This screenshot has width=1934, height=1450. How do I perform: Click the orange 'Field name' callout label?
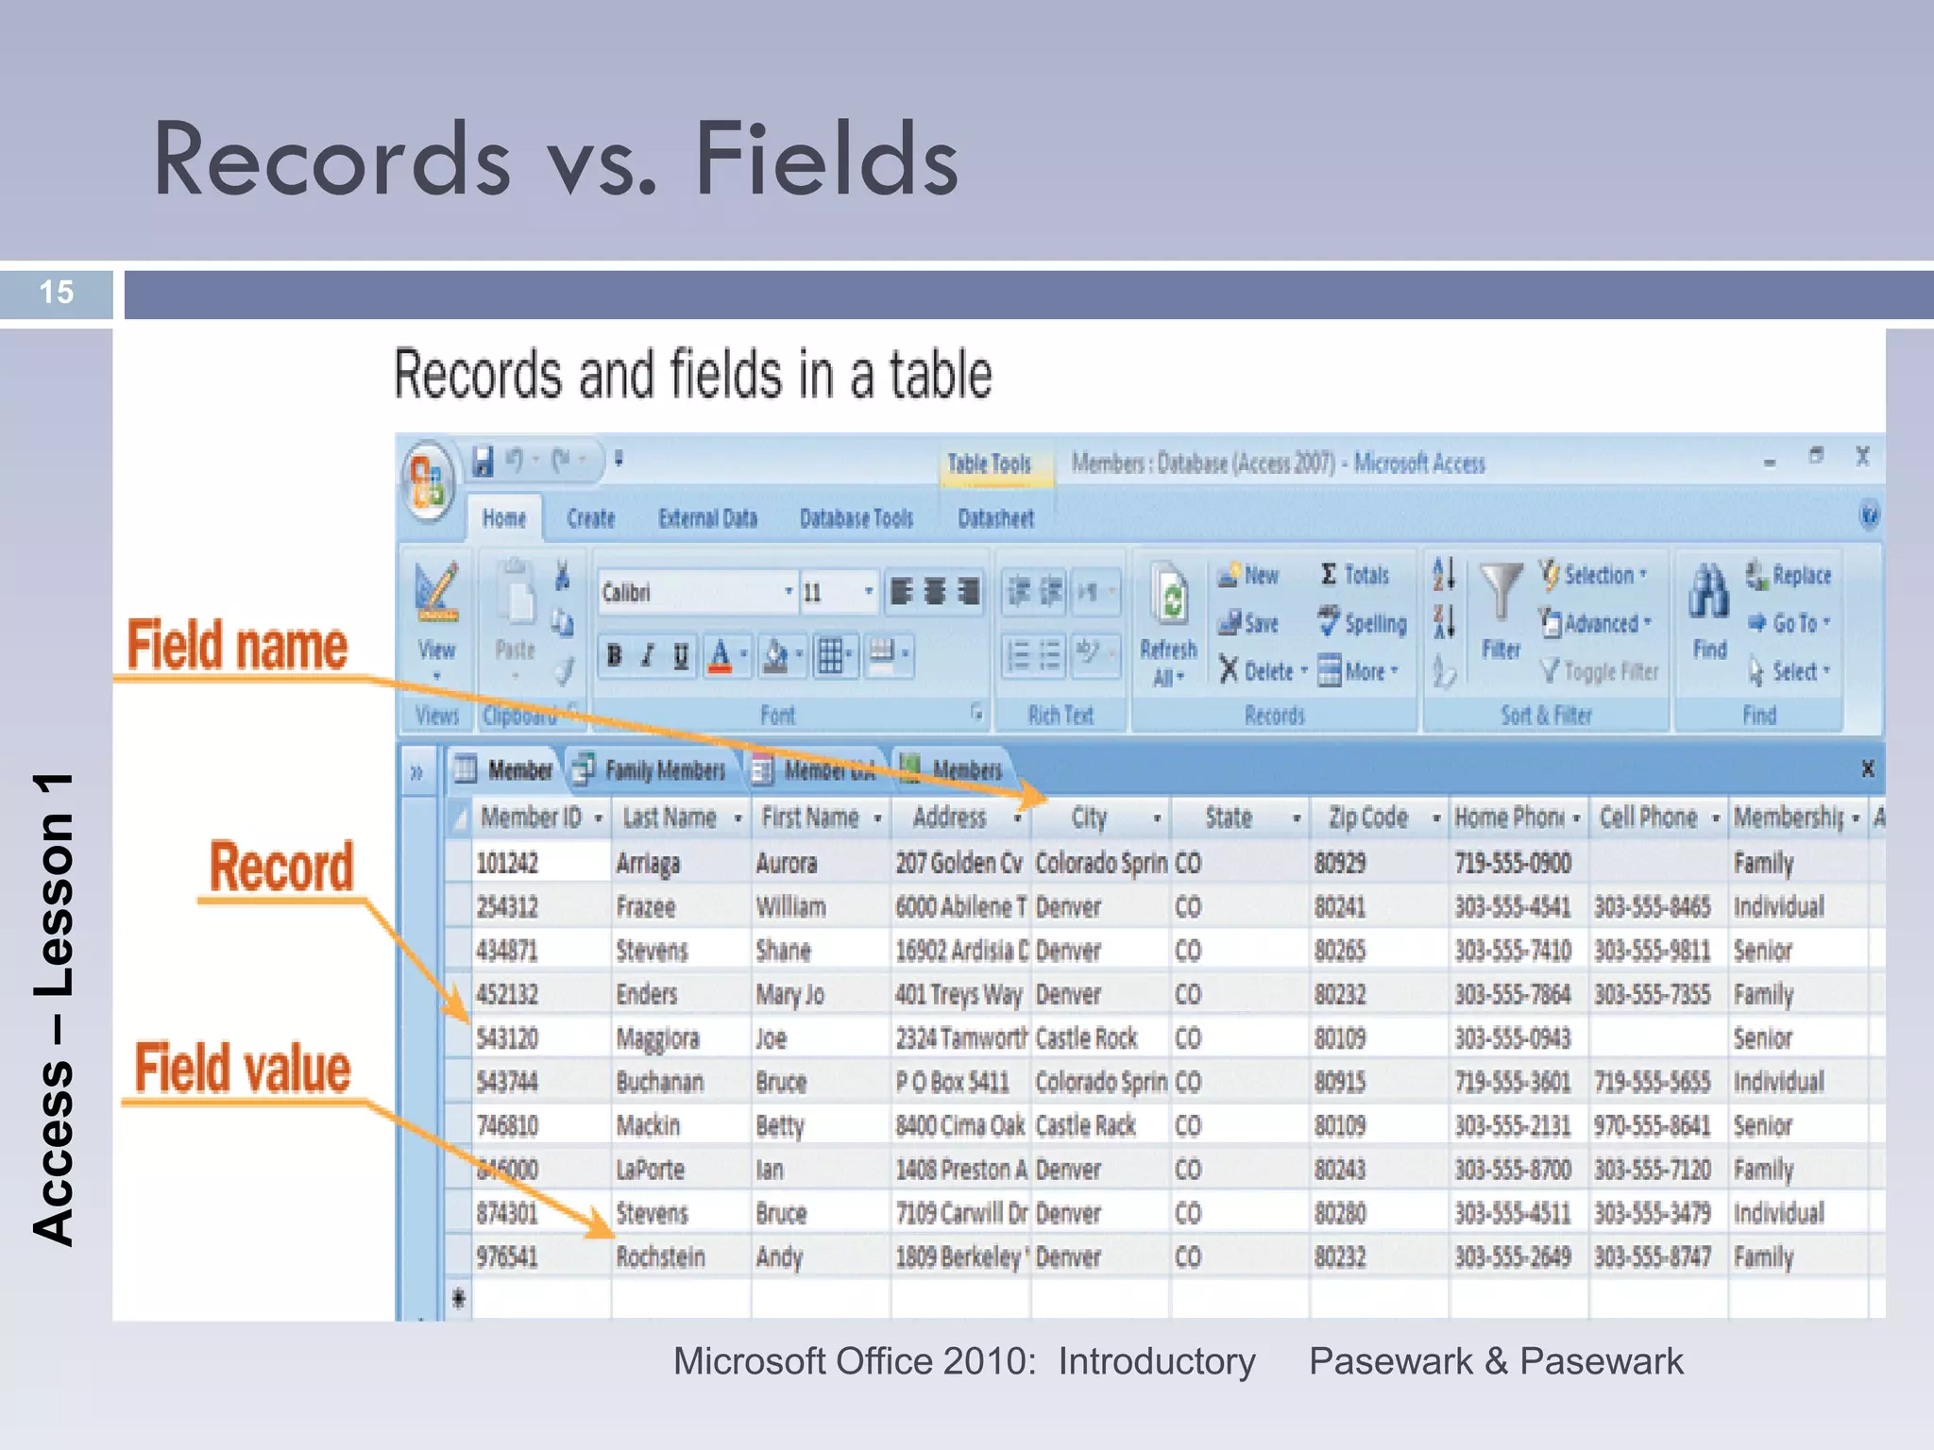click(x=237, y=646)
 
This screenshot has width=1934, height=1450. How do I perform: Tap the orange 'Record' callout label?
click(x=281, y=867)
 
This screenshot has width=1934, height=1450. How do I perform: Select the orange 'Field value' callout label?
click(x=243, y=1069)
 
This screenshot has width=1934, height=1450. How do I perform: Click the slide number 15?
click(x=57, y=293)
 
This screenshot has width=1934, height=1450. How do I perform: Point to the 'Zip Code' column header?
click(x=1367, y=818)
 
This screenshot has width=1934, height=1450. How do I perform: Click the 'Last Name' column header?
click(x=669, y=818)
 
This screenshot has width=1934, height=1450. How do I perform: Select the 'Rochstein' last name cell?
click(x=660, y=1257)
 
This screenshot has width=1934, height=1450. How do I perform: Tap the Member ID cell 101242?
click(x=507, y=863)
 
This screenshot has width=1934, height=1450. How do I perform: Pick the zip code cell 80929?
click(x=1339, y=863)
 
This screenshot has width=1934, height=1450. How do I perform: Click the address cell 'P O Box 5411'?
click(x=952, y=1082)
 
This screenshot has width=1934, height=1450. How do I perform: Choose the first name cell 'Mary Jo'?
click(x=789, y=994)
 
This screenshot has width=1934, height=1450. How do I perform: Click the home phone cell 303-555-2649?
click(x=1512, y=1257)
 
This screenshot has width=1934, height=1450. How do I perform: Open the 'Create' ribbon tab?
click(x=590, y=518)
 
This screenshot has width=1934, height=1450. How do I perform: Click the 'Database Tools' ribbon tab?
click(x=856, y=518)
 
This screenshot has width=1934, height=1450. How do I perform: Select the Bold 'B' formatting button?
click(x=615, y=655)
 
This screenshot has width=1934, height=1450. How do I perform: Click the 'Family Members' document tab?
click(x=664, y=770)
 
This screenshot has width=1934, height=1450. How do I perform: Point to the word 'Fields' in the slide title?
click(x=826, y=160)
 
